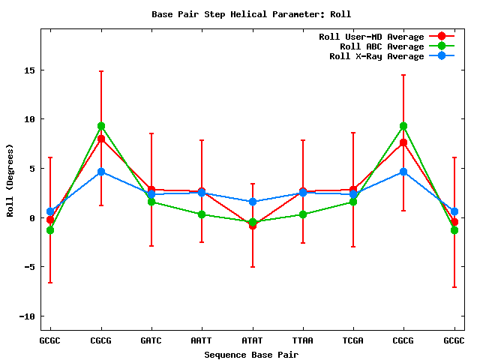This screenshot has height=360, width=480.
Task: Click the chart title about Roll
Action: [x=251, y=14]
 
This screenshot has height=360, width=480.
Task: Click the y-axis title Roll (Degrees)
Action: [x=10, y=178]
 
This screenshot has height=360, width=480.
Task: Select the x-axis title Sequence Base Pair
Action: [x=251, y=354]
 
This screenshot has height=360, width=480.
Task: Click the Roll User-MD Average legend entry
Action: [x=371, y=36]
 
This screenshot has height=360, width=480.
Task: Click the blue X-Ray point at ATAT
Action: [x=252, y=202]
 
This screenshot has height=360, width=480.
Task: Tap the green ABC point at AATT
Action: [x=202, y=214]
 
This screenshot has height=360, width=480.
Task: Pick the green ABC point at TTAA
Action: [x=303, y=214]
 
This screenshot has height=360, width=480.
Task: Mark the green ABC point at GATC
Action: [x=151, y=202]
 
